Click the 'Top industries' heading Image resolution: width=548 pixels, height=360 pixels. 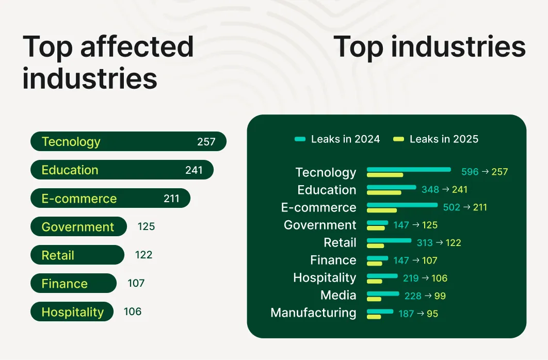tap(429, 47)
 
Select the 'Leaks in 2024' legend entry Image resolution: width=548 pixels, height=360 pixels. tap(337, 139)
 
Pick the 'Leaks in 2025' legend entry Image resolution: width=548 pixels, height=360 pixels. tap(436, 139)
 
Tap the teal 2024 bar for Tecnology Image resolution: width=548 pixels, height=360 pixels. tap(409, 169)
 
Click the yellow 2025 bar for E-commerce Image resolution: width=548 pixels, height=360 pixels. tap(382, 210)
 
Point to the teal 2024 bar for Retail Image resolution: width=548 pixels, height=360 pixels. tap(389, 240)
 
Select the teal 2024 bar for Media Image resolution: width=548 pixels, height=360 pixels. tap(383, 293)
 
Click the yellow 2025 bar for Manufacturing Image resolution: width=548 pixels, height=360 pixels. tap(374, 317)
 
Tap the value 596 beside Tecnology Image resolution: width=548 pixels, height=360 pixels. tap(470, 172)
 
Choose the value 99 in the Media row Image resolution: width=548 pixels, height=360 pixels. tap(440, 296)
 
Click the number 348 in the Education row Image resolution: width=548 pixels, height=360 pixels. tap(430, 190)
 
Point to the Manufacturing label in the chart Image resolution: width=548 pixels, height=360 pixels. tap(313, 313)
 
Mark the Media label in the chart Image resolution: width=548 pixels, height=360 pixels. tap(338, 295)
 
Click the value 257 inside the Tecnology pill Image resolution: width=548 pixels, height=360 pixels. tap(206, 142)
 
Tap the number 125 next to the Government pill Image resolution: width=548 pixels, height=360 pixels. tap(146, 227)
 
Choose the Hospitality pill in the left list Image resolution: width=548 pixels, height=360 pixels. tap(72, 312)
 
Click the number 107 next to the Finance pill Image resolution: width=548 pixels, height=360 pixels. tap(136, 284)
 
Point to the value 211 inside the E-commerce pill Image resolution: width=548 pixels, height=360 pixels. tap(171, 199)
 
